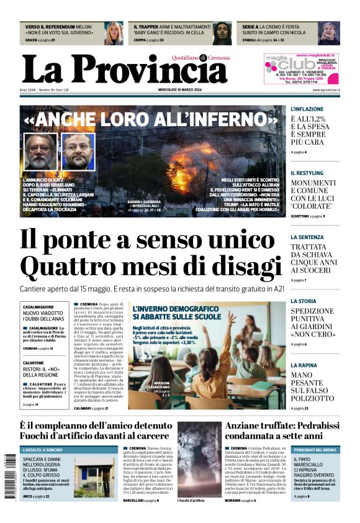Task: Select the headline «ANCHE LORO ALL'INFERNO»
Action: [150, 119]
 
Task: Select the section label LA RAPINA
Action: [304, 366]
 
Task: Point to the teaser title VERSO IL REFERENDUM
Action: [50, 27]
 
